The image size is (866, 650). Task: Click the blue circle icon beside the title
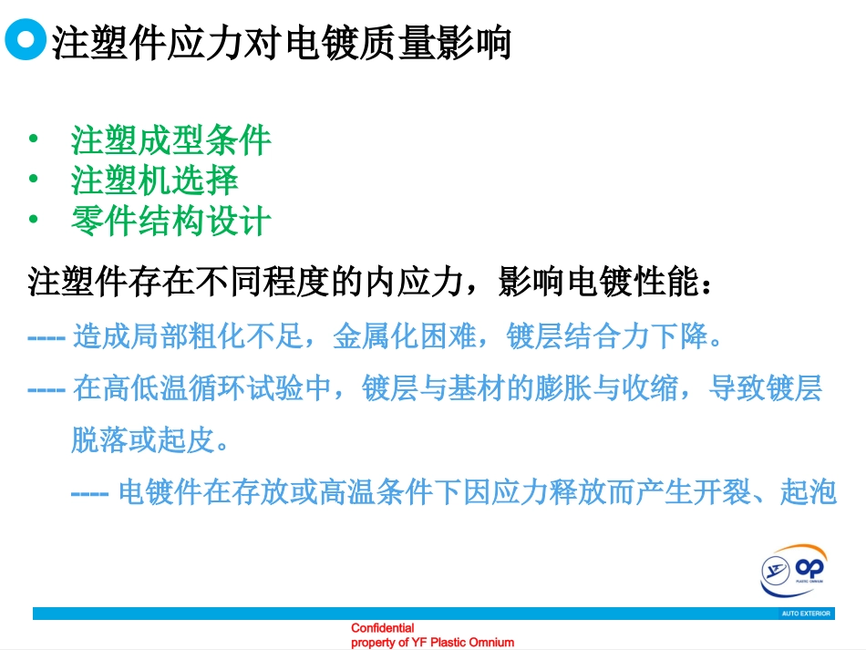click(x=25, y=41)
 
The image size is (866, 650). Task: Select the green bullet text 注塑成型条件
click(x=171, y=140)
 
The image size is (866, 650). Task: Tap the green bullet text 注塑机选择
click(x=155, y=180)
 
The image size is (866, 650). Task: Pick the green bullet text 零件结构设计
click(x=171, y=220)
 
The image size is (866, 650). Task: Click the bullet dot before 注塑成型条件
click(x=34, y=139)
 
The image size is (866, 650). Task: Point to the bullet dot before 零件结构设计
click(x=34, y=219)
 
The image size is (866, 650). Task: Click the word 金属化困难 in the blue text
click(x=404, y=336)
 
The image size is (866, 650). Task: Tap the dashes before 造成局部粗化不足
click(x=46, y=337)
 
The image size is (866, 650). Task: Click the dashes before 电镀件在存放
click(x=90, y=493)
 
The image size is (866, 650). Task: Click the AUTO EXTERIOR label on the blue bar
click(x=806, y=614)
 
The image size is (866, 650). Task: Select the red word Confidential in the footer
click(x=383, y=628)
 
